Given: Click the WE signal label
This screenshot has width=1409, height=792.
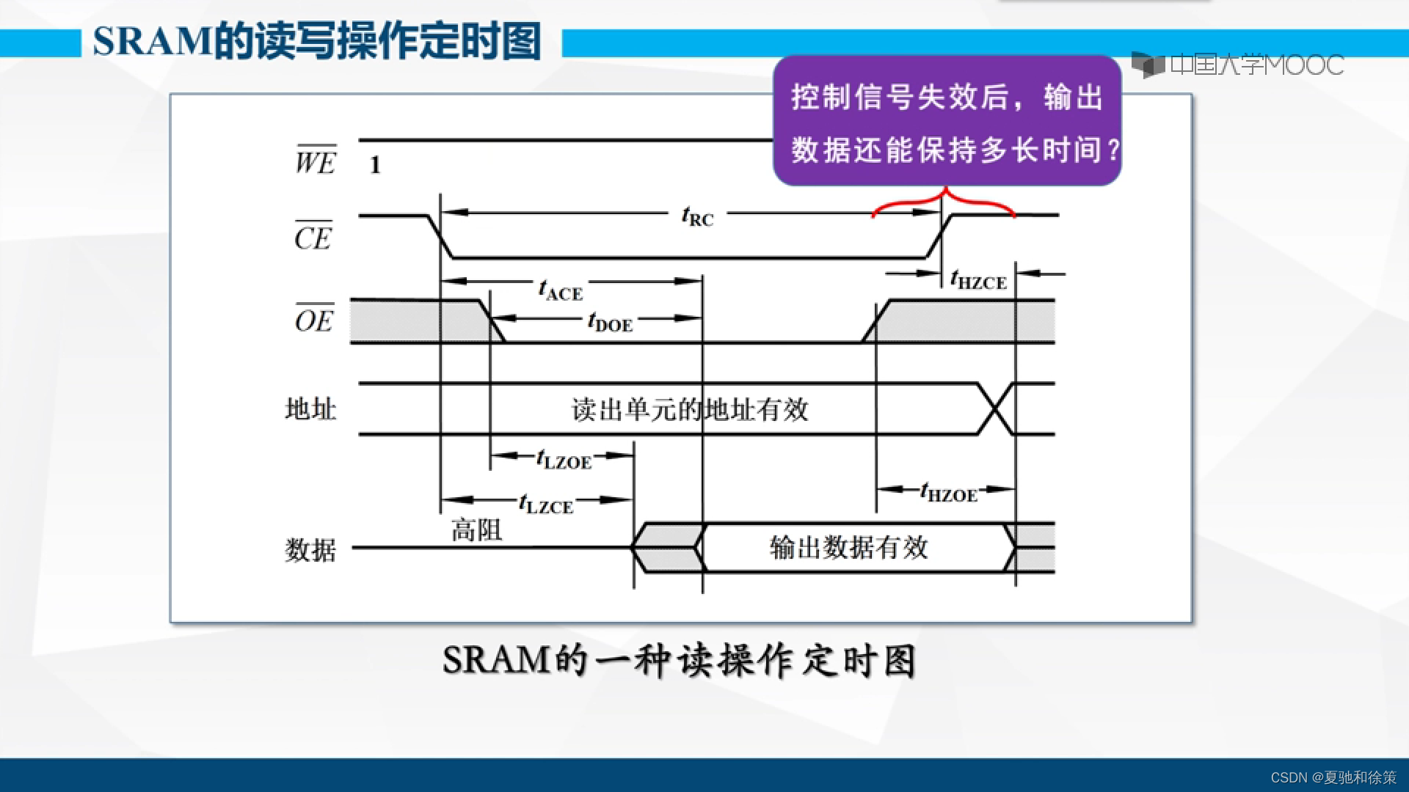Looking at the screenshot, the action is pos(316,161).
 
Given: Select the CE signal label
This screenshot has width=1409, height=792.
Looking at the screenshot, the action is pos(313,237).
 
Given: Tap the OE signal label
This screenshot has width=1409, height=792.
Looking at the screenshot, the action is pos(314,320).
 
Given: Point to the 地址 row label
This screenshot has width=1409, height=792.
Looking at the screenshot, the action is pos(310,409).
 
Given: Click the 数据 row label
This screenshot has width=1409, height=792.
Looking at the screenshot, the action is pos(310,549).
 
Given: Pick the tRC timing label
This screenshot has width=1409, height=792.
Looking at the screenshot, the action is pos(697,217).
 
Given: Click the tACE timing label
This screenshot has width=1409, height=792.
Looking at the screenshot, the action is pos(561,291).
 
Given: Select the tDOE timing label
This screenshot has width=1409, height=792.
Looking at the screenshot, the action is pos(610,323).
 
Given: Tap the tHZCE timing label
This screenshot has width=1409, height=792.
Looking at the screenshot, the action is pos(978,280).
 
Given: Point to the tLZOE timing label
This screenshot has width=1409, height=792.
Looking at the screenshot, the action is pos(564,461).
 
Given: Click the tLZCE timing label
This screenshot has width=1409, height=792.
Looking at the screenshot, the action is pos(545,505).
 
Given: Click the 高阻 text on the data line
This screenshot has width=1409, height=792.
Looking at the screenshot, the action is pos(476,529).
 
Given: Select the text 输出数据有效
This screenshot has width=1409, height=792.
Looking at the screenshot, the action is pos(849,547).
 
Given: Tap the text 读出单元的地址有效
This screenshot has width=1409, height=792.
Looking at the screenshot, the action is pos(690,409).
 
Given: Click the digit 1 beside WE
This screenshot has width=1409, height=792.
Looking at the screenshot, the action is pos(375,165).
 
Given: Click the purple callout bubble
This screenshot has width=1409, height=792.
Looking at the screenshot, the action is pos(947,121).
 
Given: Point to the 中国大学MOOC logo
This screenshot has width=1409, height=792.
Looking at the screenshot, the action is pos(1237,65).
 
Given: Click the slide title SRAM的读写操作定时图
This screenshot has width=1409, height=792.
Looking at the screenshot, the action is pos(316,41).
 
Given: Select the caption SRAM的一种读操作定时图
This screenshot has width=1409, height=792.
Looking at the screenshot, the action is pos(679,661).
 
